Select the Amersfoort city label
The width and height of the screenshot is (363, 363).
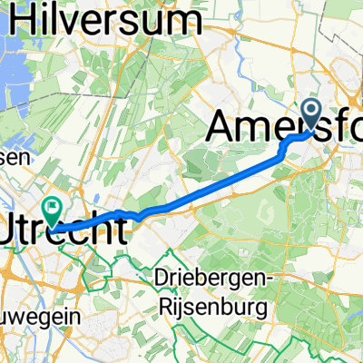coord(286,126)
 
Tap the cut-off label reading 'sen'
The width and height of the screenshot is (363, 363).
coord(15,158)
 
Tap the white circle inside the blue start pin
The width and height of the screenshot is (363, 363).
coord(310,112)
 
